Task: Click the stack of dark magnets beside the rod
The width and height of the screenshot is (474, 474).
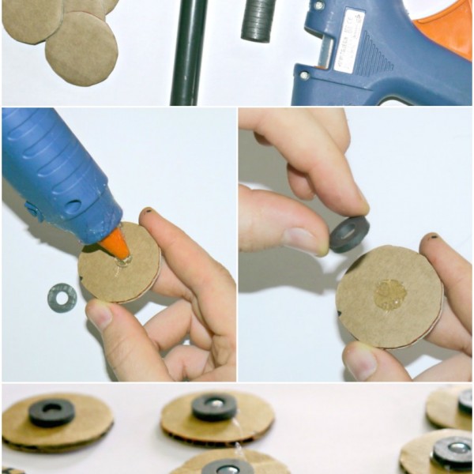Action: (x=256, y=20)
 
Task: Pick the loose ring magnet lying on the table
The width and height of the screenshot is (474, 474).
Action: (x=62, y=297)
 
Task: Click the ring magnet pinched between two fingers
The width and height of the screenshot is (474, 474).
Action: (x=348, y=234)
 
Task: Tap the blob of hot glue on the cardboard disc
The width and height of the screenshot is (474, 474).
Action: (x=390, y=295)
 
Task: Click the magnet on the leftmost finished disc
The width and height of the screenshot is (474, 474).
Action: (x=51, y=412)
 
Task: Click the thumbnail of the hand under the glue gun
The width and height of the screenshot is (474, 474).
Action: (x=100, y=314)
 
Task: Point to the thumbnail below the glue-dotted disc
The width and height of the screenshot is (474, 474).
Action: (x=361, y=362)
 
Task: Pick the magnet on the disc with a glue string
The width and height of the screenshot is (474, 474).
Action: (x=214, y=407)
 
